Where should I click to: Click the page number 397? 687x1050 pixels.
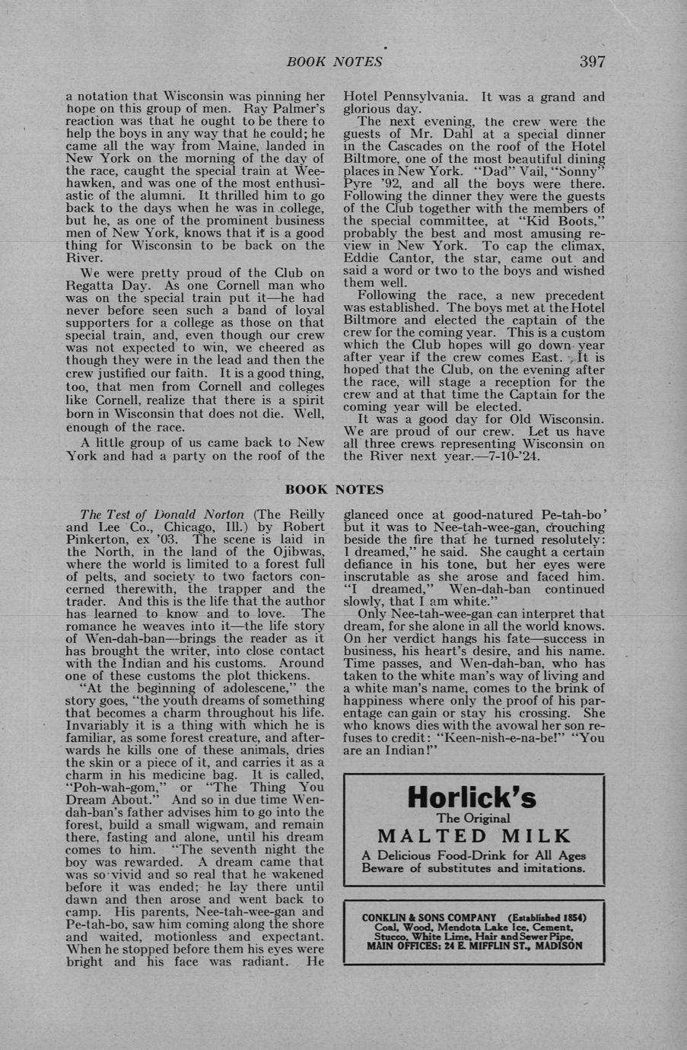[592, 62]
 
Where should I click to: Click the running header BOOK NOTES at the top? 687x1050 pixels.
[334, 62]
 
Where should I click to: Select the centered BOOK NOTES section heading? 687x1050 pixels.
[334, 489]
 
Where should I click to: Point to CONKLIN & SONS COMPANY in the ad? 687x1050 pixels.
[428, 918]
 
